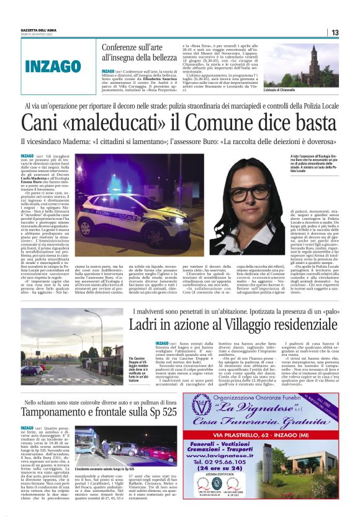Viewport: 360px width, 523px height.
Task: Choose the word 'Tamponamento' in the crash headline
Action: tap(62, 395)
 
